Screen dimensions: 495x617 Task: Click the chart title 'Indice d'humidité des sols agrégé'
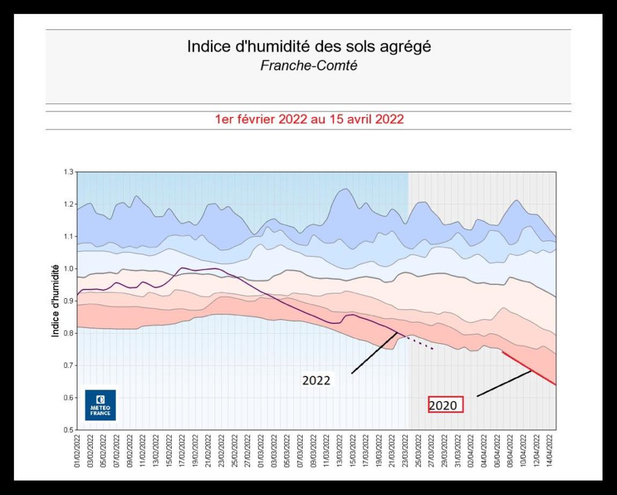[308, 47]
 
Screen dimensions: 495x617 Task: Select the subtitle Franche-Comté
[308, 66]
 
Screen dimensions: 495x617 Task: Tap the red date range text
[309, 119]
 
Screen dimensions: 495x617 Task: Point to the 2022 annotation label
[316, 381]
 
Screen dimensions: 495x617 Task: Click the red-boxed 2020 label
[445, 405]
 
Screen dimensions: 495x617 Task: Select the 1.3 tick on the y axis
[67, 172]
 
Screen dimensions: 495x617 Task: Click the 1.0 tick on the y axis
[67, 269]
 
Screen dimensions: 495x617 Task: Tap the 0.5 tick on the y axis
[67, 430]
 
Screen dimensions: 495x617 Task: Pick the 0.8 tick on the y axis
[67, 333]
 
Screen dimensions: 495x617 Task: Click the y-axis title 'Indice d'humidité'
[55, 299]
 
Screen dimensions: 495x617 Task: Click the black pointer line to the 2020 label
[504, 384]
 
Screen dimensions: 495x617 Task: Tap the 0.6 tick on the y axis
[67, 397]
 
